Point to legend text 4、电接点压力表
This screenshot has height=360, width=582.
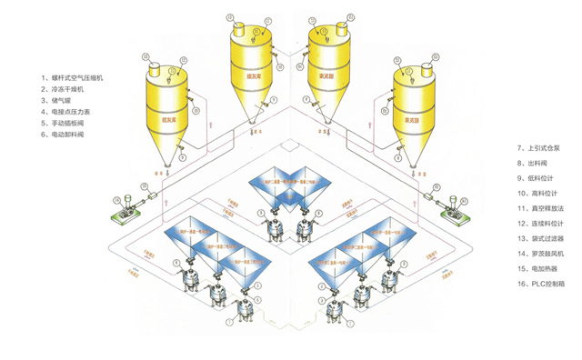tap(71, 112)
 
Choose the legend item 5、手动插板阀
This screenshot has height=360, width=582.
tap(68, 123)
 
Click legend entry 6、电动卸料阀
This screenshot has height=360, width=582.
tap(68, 135)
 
